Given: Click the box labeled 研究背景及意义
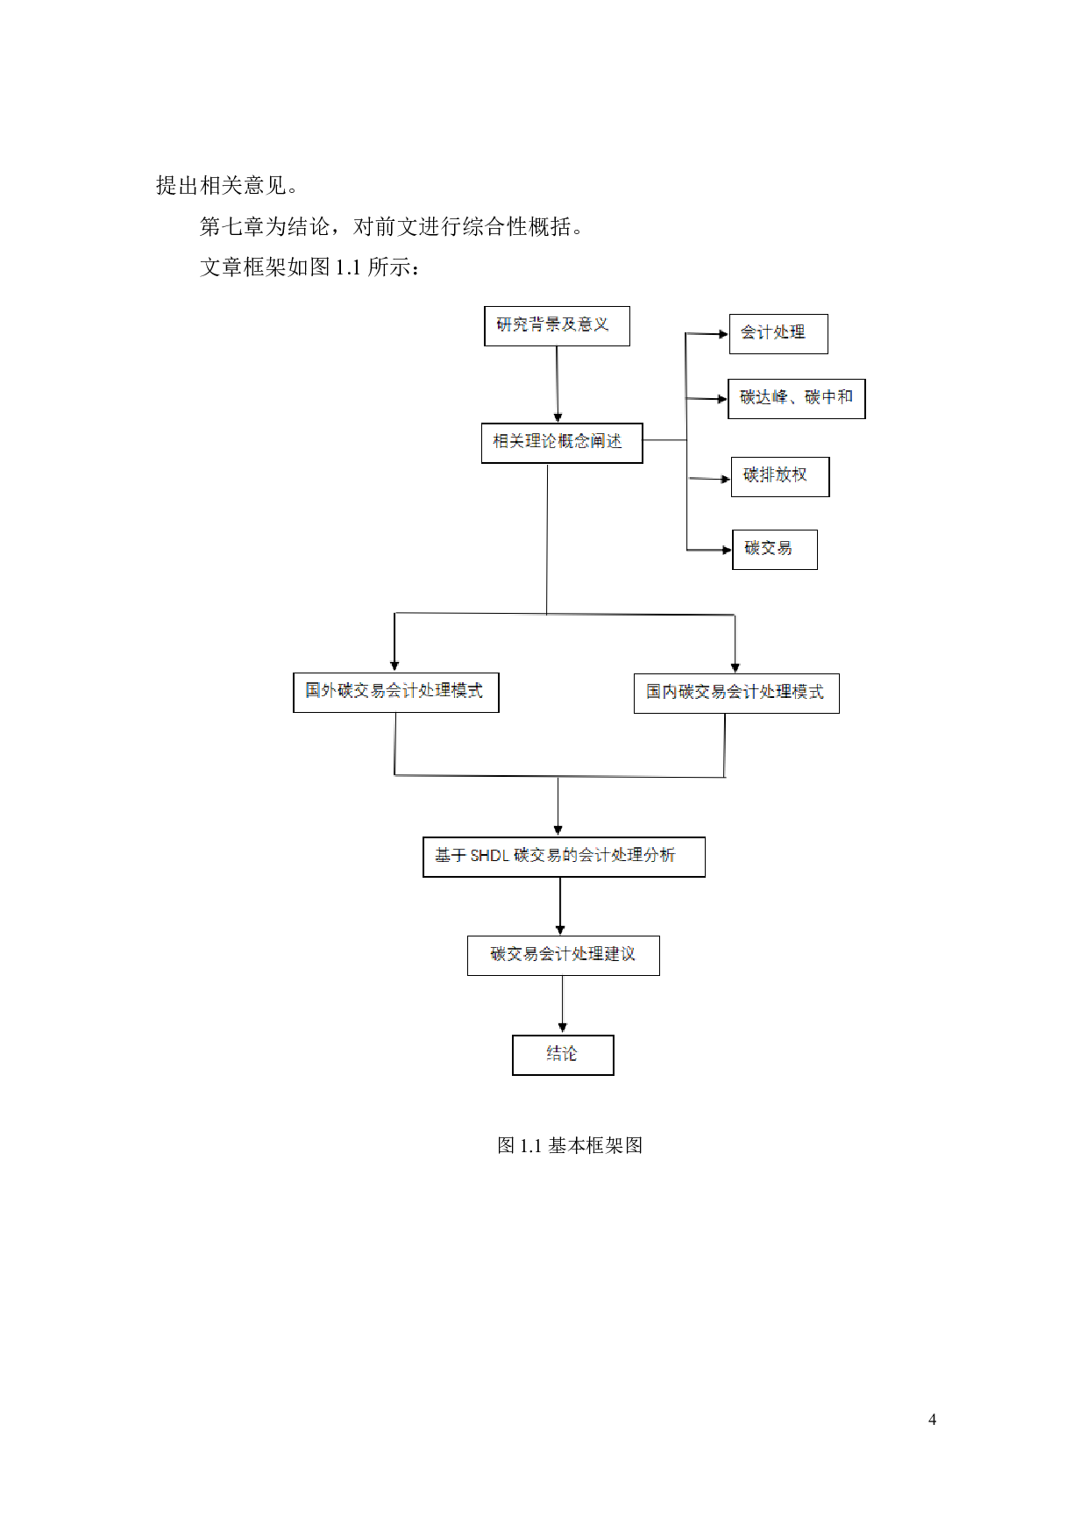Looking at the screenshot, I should pos(557,325).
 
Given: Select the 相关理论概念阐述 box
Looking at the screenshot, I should pos(561,442).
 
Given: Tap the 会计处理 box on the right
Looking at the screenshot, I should pos(778,333).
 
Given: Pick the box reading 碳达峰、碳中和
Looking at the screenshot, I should pos(796,398).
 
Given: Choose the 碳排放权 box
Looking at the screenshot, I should pos(779,476).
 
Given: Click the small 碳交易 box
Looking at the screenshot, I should pos(774,549).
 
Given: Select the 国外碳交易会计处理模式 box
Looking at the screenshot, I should pos(395,692).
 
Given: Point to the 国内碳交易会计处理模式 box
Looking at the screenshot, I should pos(735,693).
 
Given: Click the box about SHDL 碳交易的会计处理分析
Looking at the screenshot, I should pos(564,856).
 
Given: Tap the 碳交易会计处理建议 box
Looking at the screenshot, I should pos(563,955).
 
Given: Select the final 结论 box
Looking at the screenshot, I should pos(562,1054).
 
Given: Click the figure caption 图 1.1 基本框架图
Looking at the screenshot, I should pos(570,1145).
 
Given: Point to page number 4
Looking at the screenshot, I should pos(932,1419).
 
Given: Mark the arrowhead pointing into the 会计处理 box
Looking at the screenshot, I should pos(723,333).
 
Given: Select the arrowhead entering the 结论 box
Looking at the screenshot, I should pos(562,1028).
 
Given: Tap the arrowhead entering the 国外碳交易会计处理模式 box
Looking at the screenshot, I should pos(394,666).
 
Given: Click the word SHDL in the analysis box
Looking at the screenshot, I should pos(489,855).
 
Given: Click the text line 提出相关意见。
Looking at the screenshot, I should pos(226,186).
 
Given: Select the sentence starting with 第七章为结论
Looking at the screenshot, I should pos(391,227).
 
